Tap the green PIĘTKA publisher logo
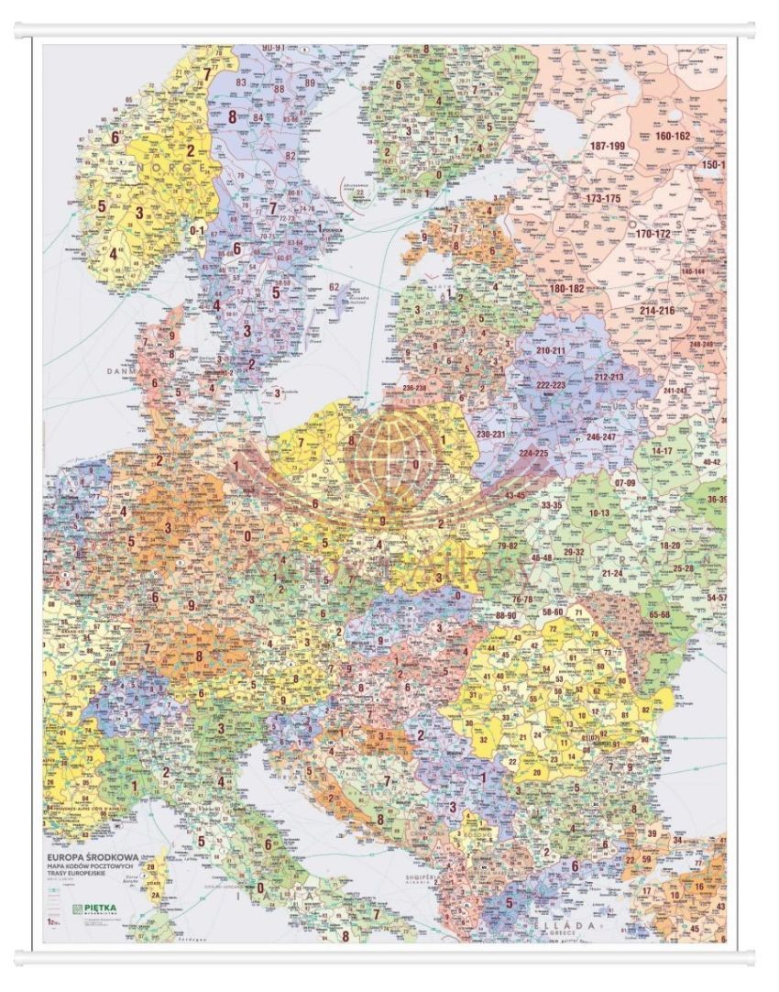click(97, 909)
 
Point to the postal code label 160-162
click(673, 136)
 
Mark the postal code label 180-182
click(567, 289)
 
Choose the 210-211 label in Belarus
click(550, 351)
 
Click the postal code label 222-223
click(550, 385)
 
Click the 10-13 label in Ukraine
click(599, 513)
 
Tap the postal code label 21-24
click(612, 573)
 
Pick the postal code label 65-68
click(658, 614)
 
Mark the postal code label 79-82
click(507, 546)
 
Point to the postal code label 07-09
click(625, 482)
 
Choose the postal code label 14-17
click(662, 451)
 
